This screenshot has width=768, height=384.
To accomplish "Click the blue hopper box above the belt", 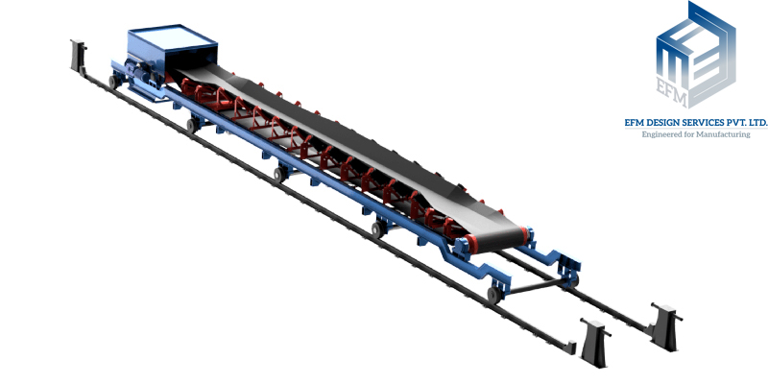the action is pos(172,46).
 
